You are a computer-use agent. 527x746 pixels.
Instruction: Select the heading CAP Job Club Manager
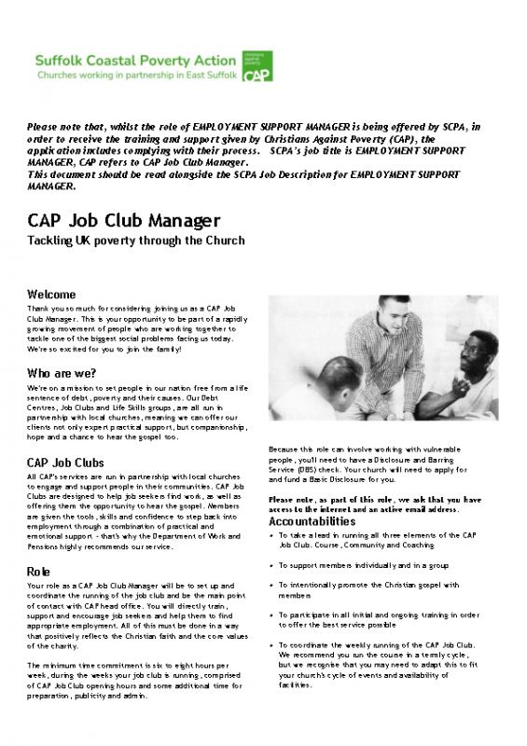pos(124,221)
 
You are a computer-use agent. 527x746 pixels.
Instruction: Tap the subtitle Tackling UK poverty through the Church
pos(136,241)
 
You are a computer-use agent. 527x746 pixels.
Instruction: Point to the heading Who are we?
pos(66,373)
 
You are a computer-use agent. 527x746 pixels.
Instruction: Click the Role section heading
pos(39,570)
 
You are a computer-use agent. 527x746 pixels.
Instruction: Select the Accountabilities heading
pos(312,521)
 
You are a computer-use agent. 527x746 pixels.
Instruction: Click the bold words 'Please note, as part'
pos(308,500)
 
